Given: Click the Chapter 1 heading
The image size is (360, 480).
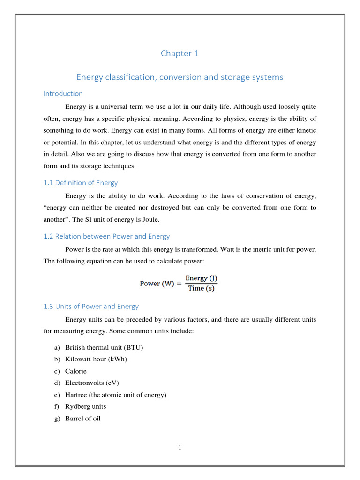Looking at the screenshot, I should tap(180, 53).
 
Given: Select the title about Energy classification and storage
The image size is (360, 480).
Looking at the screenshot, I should tap(180, 77).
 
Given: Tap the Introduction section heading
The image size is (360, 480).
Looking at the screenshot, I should tap(63, 93).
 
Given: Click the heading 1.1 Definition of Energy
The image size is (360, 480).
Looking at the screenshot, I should tap(81, 183).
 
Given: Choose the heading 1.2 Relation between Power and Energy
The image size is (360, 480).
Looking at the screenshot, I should tap(106, 236).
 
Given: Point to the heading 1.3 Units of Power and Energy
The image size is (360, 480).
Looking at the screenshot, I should tap(91, 306).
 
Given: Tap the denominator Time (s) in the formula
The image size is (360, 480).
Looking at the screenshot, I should tap(201, 288).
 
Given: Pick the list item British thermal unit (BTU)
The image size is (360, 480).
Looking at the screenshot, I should tap(104, 347).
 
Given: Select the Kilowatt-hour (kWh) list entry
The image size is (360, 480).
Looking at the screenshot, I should tap(96, 359).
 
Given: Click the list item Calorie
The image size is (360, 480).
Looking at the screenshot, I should tap(76, 371).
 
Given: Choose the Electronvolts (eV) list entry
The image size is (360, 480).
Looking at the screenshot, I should tap(92, 382).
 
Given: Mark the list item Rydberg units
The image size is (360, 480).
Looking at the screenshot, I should tap(86, 406).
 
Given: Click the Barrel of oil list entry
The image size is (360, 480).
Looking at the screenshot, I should tap(83, 418).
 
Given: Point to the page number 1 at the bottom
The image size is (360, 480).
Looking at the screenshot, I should tap(180, 447).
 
